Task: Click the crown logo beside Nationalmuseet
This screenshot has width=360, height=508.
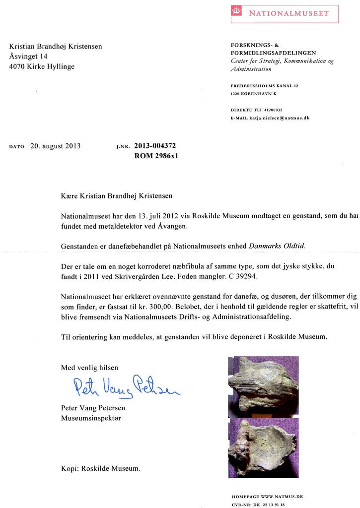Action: point(236,13)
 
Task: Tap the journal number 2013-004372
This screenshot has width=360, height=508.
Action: point(155,146)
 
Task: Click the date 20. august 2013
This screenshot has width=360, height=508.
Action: point(56,146)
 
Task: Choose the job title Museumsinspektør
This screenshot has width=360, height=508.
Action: point(90,418)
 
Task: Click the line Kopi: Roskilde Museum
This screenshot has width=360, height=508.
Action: point(101,468)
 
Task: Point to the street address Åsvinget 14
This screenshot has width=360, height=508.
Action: point(28,57)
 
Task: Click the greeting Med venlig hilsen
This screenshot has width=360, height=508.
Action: point(90,368)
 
